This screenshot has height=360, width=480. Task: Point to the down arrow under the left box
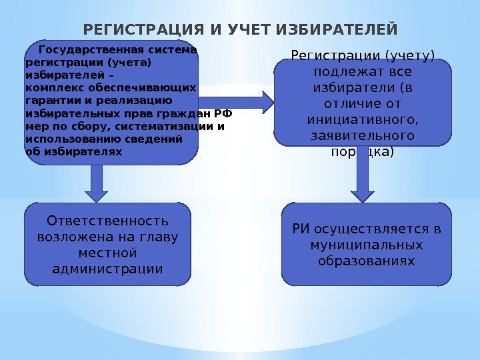(97, 183)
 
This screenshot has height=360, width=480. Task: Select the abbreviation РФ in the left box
(224, 113)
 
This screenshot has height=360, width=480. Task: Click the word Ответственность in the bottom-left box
(107, 221)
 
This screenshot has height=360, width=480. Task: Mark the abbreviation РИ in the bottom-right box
(301, 230)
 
